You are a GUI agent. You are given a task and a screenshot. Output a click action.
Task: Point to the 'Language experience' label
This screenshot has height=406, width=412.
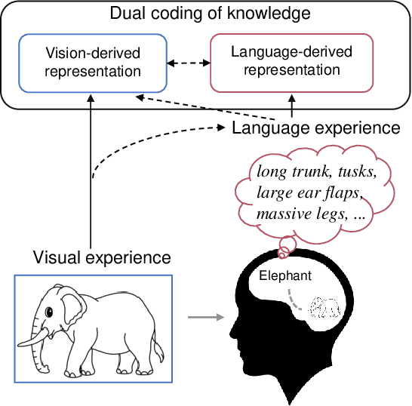[315, 128]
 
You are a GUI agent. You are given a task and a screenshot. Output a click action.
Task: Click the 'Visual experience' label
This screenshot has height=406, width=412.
[103, 257]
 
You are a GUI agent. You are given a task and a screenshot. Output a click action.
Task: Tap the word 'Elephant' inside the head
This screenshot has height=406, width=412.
[285, 276]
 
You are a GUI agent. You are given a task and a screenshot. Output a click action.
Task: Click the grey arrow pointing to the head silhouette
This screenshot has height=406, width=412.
[205, 317]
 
